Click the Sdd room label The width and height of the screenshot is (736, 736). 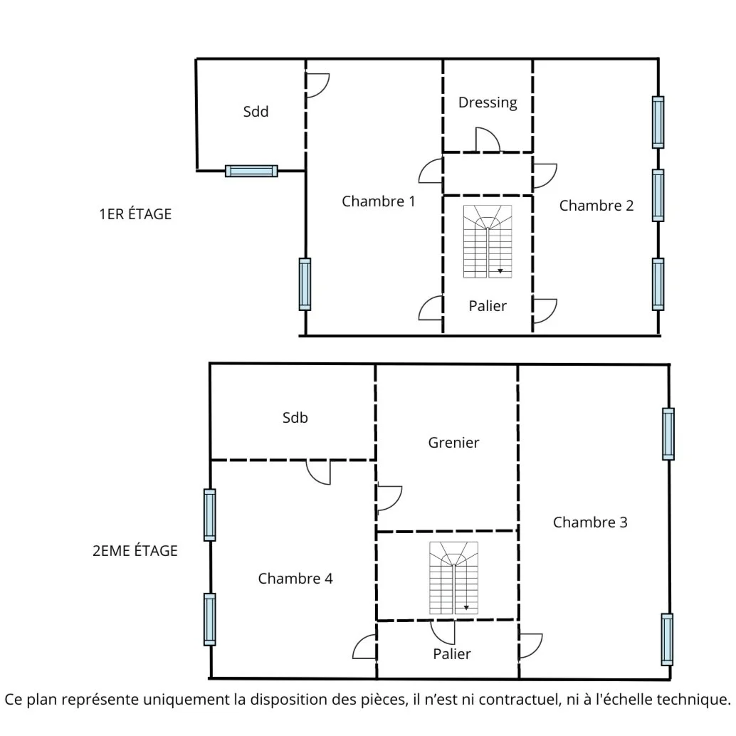coord(256,112)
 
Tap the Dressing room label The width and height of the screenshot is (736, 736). coord(488,102)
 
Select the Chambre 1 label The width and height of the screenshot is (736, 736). coord(378,201)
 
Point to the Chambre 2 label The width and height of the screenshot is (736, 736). coord(596,206)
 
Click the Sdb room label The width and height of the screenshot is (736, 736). coord(295,419)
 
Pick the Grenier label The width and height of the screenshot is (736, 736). coord(453,443)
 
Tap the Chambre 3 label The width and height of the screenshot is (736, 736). coord(590,522)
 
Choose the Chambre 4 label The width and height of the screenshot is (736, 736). coord(295,579)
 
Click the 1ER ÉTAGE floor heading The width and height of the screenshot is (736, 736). coord(135,214)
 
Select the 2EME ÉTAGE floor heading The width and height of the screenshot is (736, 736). coord(135,551)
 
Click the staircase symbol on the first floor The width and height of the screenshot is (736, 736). coord(488,241)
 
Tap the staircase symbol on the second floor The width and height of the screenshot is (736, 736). coord(453,578)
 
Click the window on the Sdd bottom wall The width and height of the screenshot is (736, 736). coord(251,171)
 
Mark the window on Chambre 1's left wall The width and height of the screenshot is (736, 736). coord(305,284)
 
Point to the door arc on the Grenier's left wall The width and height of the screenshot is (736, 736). coord(389,498)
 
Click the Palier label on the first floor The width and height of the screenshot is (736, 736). coord(488,306)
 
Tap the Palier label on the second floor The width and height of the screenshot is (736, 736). coord(452,653)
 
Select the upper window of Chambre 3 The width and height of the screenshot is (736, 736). coord(668,433)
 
